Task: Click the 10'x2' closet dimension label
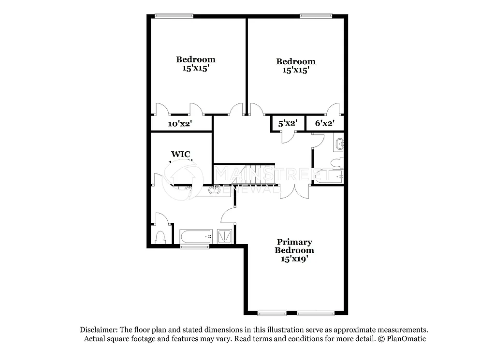point(180,124)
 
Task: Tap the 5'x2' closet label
point(287,123)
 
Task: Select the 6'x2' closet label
point(324,123)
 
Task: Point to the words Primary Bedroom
point(294,246)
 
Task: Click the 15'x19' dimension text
point(294,259)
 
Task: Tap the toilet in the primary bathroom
point(161,237)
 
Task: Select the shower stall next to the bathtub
point(224,236)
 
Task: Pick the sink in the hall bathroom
point(339,143)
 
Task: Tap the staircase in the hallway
point(244,174)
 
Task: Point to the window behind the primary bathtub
point(191,247)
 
